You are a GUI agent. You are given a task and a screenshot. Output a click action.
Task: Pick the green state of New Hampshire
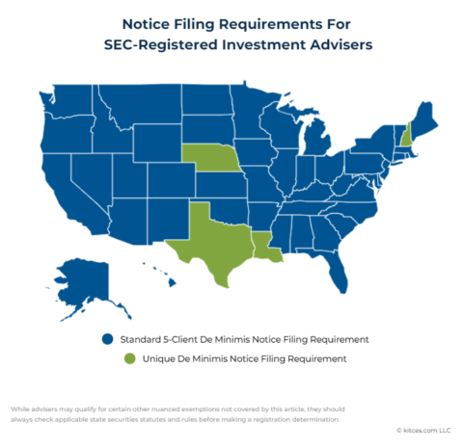tap(407, 134)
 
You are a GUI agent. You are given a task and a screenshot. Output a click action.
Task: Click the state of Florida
tap(336, 273)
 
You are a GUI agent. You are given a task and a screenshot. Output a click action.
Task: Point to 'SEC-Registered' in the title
tap(168, 43)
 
